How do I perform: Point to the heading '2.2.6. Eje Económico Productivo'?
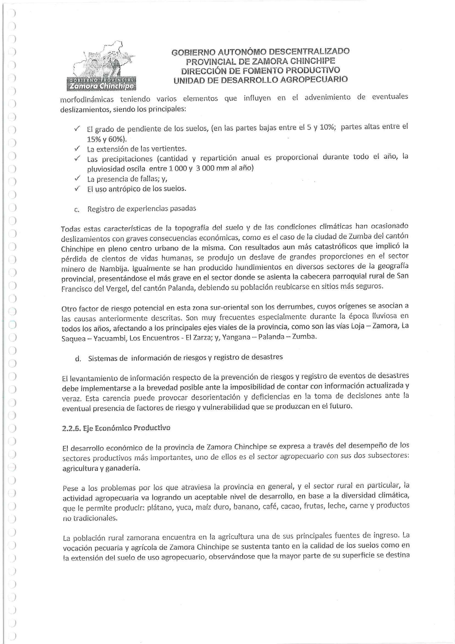116,429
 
